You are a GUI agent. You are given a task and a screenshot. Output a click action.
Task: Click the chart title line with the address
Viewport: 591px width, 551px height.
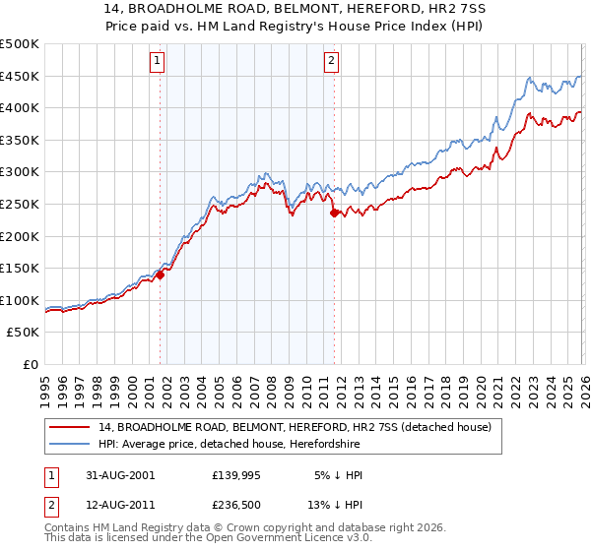(295, 9)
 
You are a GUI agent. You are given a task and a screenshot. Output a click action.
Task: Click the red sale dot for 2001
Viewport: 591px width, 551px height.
(161, 275)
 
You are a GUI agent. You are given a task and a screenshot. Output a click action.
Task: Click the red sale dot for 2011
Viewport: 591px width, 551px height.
(334, 213)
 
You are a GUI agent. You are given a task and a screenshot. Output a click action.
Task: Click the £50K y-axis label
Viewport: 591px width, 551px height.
(24, 333)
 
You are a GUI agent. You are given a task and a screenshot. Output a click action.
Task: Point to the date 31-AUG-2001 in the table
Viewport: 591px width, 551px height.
(120, 475)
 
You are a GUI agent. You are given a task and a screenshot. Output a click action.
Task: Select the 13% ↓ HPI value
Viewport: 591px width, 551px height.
(334, 505)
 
